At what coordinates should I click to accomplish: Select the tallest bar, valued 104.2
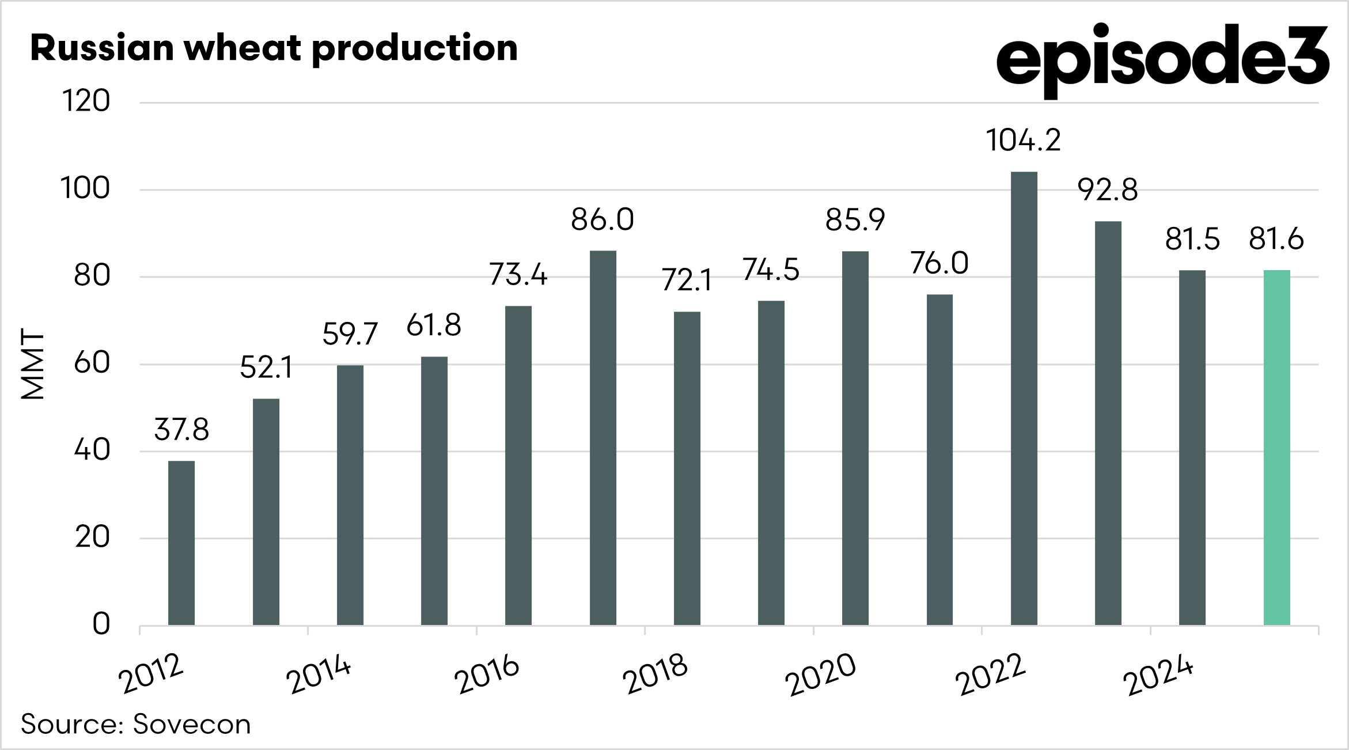click(1024, 398)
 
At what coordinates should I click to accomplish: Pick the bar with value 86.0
click(602, 438)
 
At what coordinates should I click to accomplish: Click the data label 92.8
click(1108, 191)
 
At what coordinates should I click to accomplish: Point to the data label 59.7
click(350, 334)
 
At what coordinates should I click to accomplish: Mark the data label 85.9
click(855, 220)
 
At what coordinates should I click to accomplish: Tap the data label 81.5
click(1192, 240)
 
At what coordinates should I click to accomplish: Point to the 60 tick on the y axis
click(92, 363)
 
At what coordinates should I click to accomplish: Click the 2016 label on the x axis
click(487, 675)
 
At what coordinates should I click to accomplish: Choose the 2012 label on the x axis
click(151, 675)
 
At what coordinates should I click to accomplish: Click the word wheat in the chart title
click(242, 48)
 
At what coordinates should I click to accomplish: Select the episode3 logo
click(1162, 59)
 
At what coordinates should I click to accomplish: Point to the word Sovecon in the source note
click(192, 725)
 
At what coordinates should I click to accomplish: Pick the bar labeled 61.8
click(434, 490)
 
